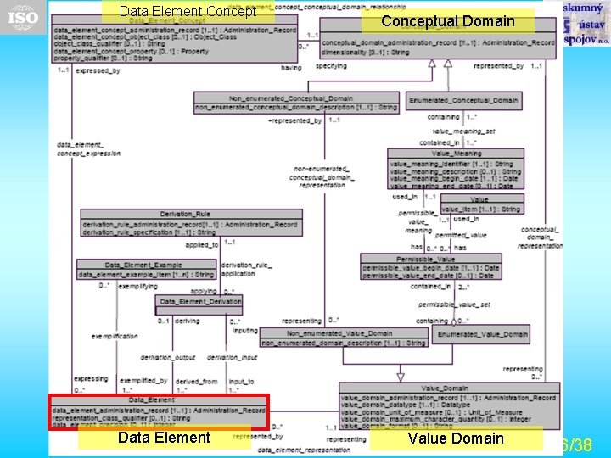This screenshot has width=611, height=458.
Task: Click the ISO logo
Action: (x=23, y=17)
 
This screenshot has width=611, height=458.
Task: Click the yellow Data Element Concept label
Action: (x=188, y=12)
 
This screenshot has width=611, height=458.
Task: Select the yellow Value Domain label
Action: (x=456, y=438)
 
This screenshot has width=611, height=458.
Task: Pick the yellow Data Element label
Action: (x=164, y=438)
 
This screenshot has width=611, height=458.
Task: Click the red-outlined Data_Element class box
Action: (x=159, y=411)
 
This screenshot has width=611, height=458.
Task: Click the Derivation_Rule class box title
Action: (x=184, y=214)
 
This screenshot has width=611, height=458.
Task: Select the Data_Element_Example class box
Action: (x=146, y=270)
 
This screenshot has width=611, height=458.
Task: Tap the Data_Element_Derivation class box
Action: (x=199, y=301)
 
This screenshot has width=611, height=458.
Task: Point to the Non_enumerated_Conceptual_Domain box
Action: (x=295, y=103)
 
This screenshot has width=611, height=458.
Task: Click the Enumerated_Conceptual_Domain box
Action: (x=462, y=100)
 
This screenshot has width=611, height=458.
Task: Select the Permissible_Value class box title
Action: (x=430, y=258)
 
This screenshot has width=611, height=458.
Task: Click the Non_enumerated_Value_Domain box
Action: (x=344, y=338)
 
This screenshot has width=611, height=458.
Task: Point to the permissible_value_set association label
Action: (x=453, y=304)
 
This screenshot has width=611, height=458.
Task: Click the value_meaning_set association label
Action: (x=463, y=131)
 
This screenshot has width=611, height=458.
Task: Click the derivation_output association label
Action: (x=167, y=358)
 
